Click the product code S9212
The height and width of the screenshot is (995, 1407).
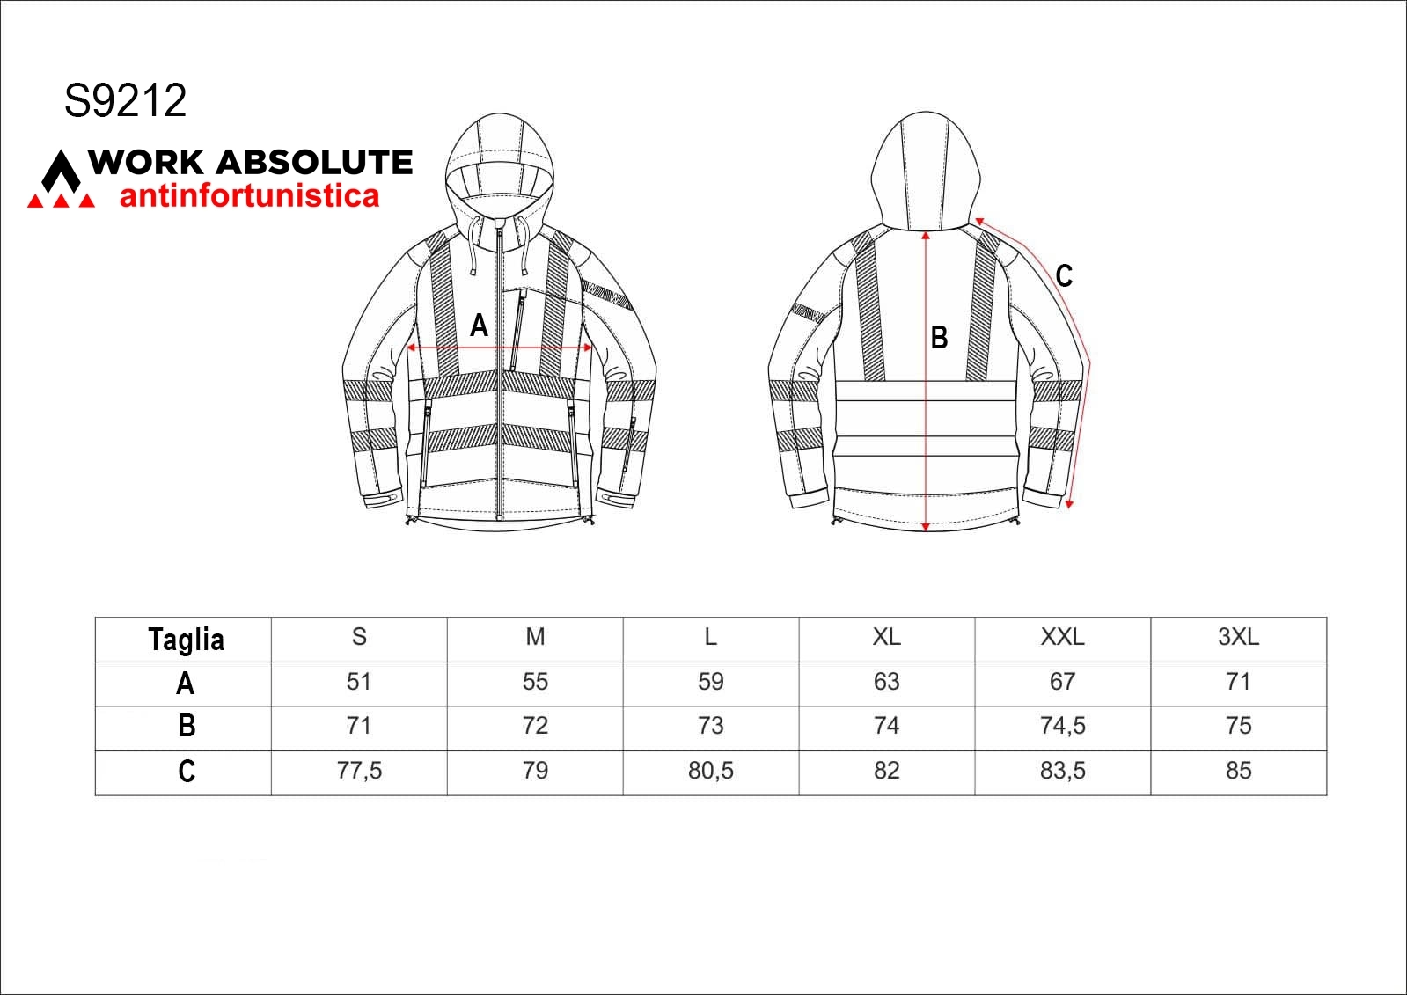tap(126, 100)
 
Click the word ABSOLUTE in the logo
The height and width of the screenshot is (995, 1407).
tap(314, 162)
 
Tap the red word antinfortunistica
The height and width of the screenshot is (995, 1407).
tap(249, 195)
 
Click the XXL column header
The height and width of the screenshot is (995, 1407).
tap(1063, 637)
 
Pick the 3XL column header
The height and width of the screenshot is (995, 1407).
tap(1239, 637)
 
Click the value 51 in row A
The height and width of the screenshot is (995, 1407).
tap(359, 682)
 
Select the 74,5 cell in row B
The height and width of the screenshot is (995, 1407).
tap(1063, 726)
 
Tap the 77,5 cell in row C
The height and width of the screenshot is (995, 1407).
tap(359, 771)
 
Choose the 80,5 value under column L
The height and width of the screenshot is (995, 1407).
tap(711, 771)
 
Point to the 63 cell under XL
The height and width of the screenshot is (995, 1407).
tap(887, 682)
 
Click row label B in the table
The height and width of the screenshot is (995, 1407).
tap(187, 726)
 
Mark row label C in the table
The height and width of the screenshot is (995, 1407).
tap(187, 771)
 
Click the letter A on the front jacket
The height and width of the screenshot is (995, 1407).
tap(480, 326)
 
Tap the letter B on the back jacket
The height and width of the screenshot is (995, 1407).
tap(939, 338)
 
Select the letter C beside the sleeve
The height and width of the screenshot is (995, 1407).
tap(1064, 275)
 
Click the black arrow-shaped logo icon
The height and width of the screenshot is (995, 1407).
tap(61, 171)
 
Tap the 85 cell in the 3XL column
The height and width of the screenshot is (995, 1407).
tap(1239, 771)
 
